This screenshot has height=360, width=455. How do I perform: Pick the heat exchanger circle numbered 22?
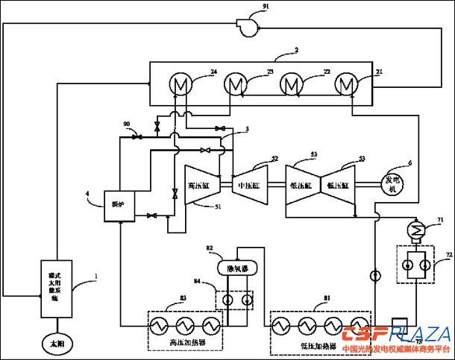tap(291, 83)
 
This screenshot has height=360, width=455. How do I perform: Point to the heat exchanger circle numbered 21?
tap(345, 83)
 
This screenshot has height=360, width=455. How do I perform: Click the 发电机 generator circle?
tap(393, 183)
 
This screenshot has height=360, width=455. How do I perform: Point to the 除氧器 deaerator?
tap(236, 266)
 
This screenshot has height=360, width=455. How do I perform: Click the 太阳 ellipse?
tap(57, 344)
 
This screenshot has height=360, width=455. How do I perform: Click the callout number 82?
tap(209, 247)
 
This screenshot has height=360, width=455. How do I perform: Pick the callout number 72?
tap(448, 255)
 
